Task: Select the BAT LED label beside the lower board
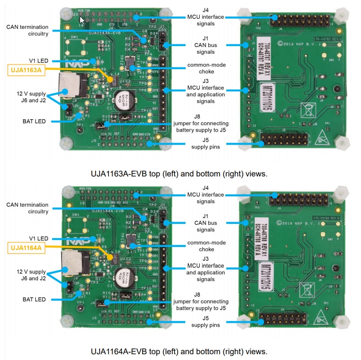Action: tap(34, 299)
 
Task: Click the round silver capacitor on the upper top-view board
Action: tap(121, 99)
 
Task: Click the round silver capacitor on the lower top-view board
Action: tap(121, 278)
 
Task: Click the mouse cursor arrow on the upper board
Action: tap(82, 19)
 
